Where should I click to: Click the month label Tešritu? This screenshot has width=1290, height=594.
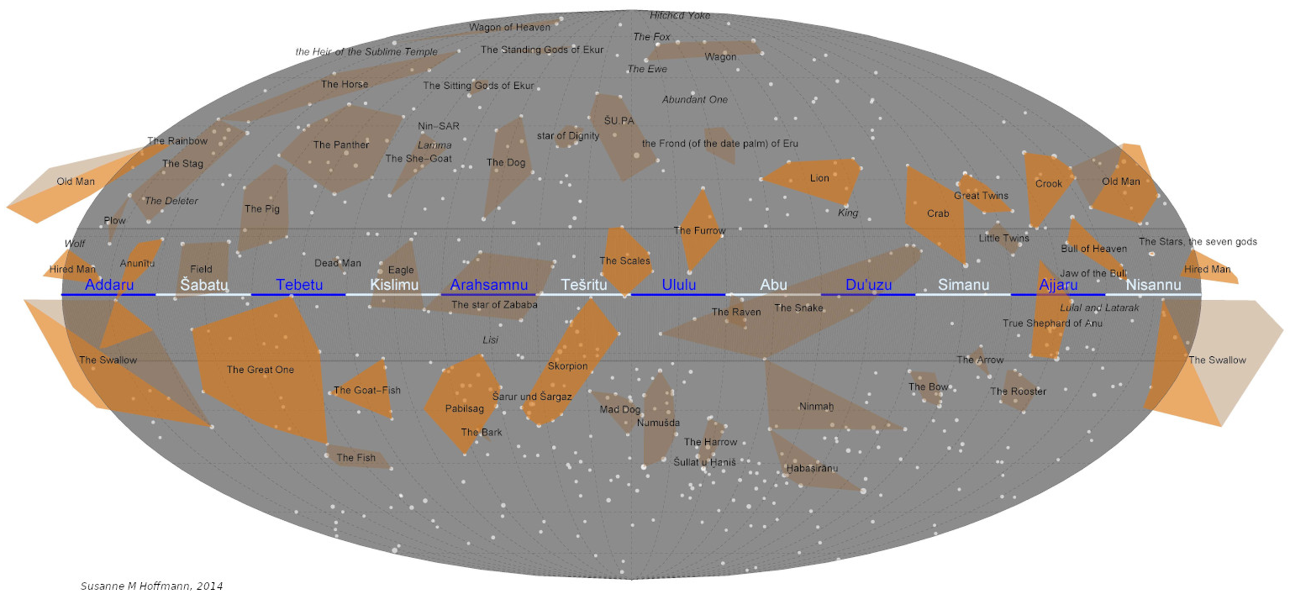point(583,285)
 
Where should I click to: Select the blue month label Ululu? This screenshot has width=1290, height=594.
point(678,285)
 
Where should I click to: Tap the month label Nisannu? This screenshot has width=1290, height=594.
point(1153,285)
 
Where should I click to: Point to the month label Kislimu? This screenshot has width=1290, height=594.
point(394,285)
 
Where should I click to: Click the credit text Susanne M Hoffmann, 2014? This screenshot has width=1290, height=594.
point(151,586)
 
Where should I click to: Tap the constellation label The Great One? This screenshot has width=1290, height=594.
point(261,370)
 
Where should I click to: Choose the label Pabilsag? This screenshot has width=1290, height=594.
point(465,409)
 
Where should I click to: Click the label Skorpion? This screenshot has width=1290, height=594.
point(568,366)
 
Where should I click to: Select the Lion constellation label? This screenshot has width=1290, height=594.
point(819,178)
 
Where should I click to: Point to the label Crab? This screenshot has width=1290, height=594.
point(938,213)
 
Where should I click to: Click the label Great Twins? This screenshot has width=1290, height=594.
point(981,196)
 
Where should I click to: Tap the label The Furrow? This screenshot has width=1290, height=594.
point(699,230)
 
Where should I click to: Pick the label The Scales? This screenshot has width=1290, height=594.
point(624,261)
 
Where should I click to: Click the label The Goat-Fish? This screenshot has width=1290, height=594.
point(367,391)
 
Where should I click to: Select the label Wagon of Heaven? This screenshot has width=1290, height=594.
point(509,27)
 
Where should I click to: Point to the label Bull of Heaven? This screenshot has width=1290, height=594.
point(1093,249)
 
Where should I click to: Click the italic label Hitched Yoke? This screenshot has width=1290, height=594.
point(680,15)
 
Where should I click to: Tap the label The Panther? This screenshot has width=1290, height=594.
point(340,145)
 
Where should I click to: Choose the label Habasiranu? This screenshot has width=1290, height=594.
point(812,468)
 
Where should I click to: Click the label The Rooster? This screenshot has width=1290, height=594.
point(1018,392)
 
